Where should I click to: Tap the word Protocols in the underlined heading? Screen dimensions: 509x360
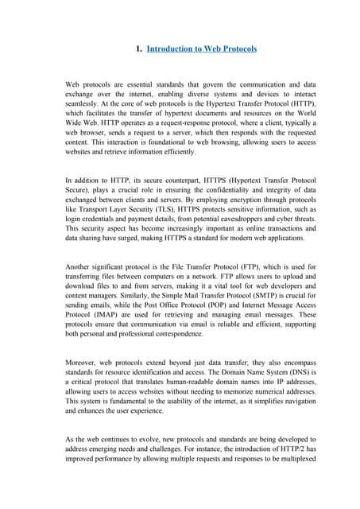tap(236, 49)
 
